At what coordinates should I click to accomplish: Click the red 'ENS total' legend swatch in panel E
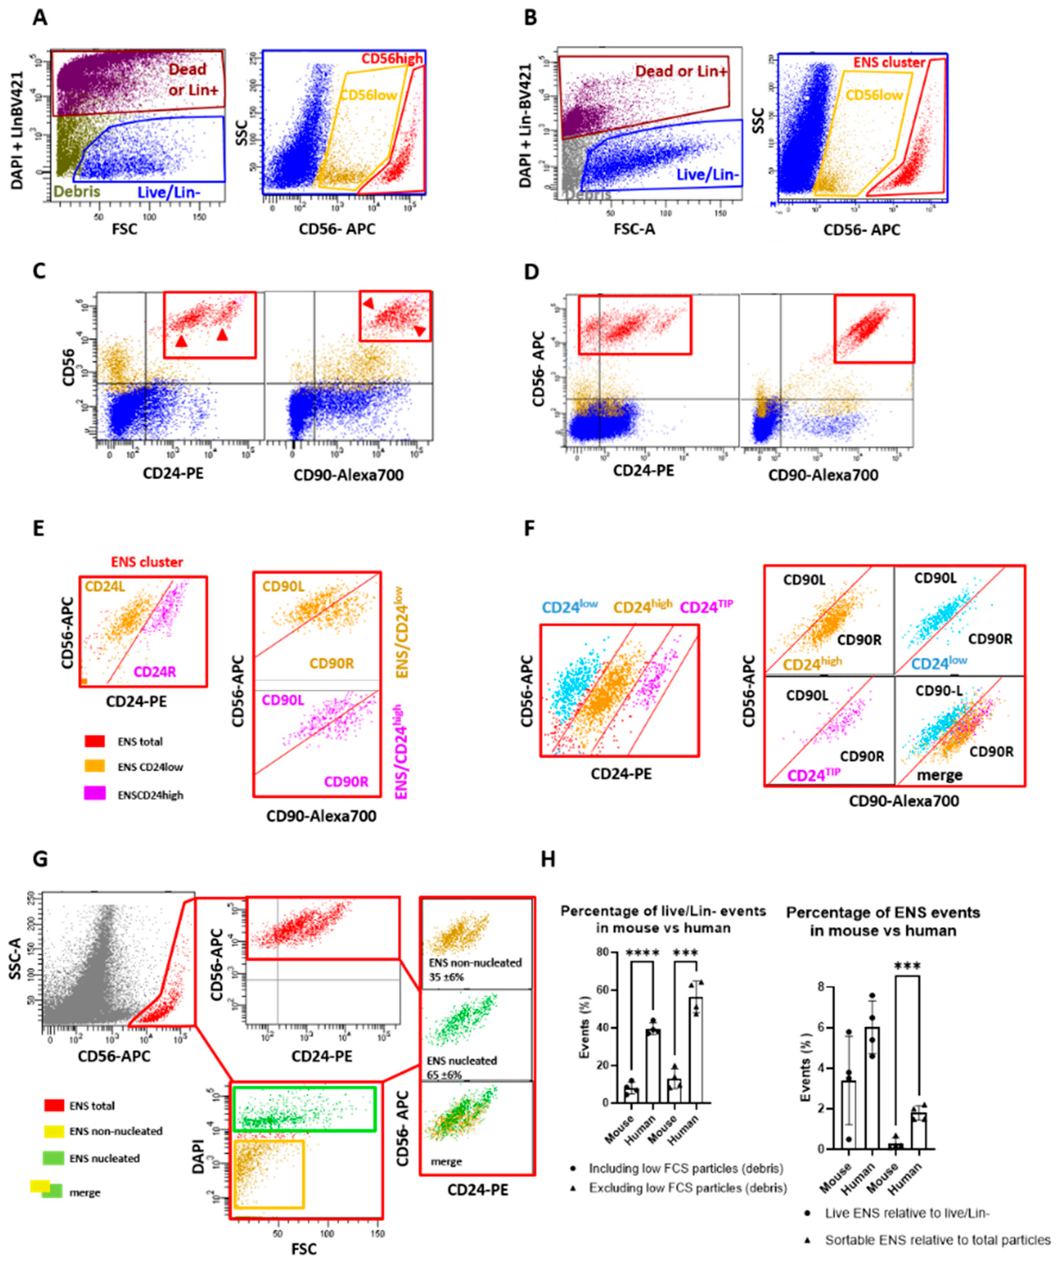pyautogui.click(x=96, y=741)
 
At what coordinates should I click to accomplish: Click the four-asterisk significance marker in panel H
pyautogui.click(x=643, y=953)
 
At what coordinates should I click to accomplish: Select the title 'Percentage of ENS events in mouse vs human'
pyautogui.click(x=882, y=921)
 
